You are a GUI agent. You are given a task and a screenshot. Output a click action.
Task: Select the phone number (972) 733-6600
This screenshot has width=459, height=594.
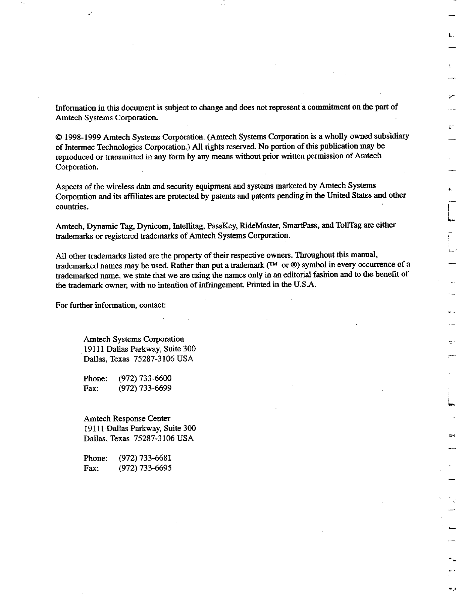145,378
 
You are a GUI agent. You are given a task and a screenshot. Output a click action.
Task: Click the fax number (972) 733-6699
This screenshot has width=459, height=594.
145,388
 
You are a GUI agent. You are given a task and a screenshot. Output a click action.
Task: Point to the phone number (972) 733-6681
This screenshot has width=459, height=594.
145,458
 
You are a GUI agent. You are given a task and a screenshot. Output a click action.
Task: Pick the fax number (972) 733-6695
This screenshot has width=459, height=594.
145,468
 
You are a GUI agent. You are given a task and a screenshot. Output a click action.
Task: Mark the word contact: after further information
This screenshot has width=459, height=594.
153,305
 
